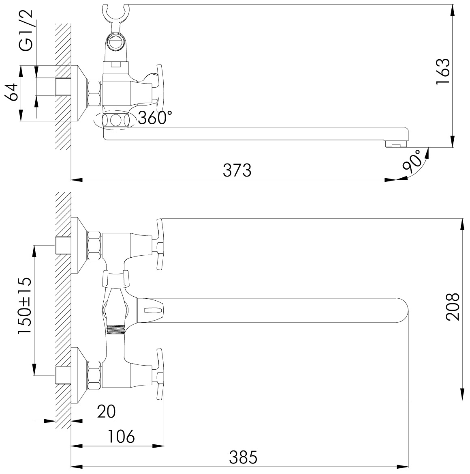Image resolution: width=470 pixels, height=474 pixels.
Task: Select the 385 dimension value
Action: tap(243, 457)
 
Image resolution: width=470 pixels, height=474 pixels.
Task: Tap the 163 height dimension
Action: tap(443, 71)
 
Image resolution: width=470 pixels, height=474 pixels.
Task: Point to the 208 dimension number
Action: tap(453, 306)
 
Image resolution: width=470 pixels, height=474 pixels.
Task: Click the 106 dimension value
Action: tap(121, 436)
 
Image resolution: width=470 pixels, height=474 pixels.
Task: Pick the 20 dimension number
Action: tap(106, 412)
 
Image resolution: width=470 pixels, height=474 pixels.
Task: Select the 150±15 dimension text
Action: tap(25, 305)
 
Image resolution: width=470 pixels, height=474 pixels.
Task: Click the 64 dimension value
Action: tap(12, 92)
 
